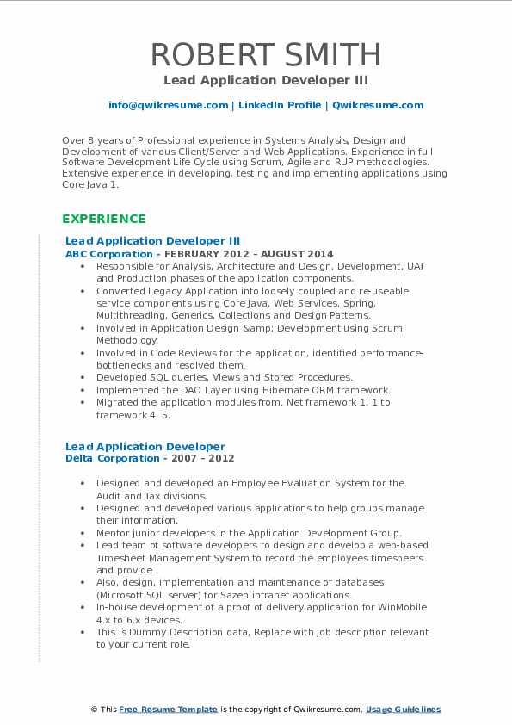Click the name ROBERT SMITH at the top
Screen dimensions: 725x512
[x=266, y=55]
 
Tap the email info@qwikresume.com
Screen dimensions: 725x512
[x=168, y=105]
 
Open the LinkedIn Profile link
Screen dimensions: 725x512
[x=280, y=105]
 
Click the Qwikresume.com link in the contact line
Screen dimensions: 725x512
[x=378, y=105]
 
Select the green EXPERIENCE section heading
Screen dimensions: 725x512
[x=104, y=219]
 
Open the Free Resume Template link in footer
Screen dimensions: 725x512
[x=168, y=710]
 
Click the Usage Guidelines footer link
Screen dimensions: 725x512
[x=403, y=710]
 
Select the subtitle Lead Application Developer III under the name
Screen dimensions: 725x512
[x=266, y=80]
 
